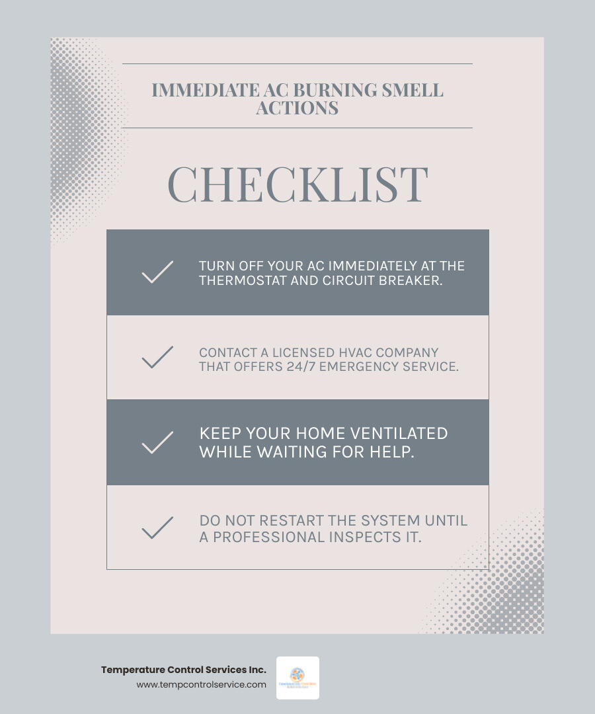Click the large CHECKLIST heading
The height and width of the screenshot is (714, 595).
(x=297, y=184)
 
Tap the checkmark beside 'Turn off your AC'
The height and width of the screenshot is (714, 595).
(x=157, y=272)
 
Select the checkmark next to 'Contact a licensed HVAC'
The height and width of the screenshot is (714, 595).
(x=157, y=358)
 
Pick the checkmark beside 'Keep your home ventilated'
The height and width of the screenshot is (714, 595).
(x=157, y=442)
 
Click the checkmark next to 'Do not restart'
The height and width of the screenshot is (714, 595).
(x=157, y=528)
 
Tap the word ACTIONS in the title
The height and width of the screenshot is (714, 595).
(x=297, y=108)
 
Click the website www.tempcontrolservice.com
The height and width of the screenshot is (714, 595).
(x=201, y=685)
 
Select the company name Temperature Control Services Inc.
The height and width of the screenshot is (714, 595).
(x=184, y=670)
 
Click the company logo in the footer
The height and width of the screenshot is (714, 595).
(x=297, y=678)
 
